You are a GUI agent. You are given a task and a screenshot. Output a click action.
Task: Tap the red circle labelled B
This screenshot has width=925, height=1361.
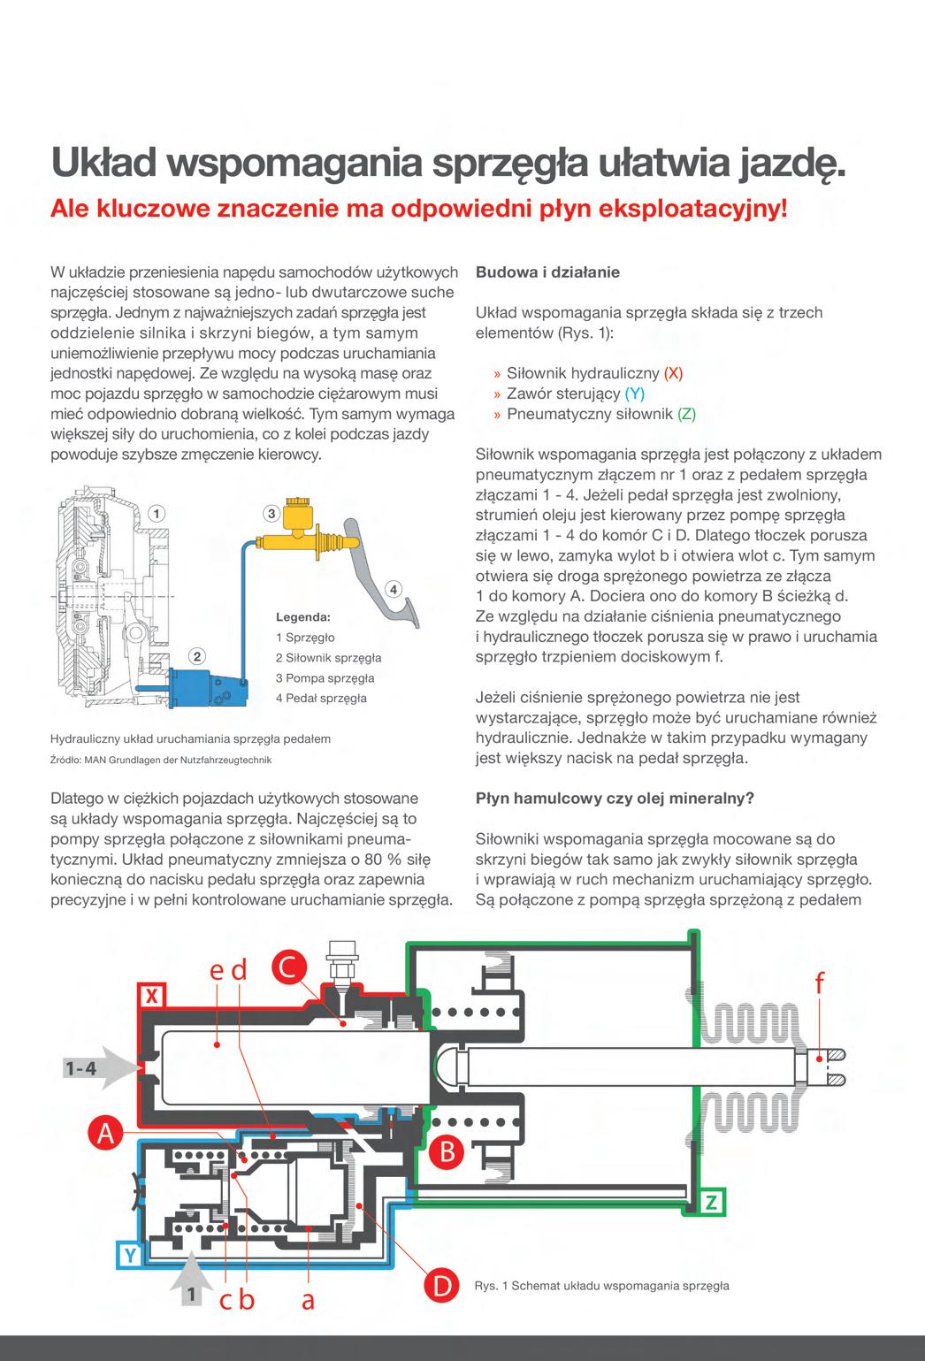pyautogui.click(x=447, y=1152)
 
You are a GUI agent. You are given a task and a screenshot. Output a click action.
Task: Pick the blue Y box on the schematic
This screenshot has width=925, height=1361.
pyautogui.click(x=130, y=1254)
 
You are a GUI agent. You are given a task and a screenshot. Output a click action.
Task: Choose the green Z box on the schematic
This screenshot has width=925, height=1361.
pyautogui.click(x=712, y=1202)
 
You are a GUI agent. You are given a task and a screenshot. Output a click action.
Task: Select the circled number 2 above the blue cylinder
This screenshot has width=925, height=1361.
pyautogui.click(x=198, y=655)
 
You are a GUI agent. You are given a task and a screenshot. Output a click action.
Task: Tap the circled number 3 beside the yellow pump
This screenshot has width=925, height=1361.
pyautogui.click(x=271, y=513)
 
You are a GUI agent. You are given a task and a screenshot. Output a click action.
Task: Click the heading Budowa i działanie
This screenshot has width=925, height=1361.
pyautogui.click(x=547, y=272)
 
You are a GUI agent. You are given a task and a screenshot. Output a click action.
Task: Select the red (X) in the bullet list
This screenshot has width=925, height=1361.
pyautogui.click(x=673, y=373)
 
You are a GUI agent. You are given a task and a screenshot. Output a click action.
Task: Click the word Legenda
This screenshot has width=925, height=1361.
pyautogui.click(x=303, y=616)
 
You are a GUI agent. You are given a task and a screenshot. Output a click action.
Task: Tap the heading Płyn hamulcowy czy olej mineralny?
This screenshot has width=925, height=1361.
pyautogui.click(x=615, y=798)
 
